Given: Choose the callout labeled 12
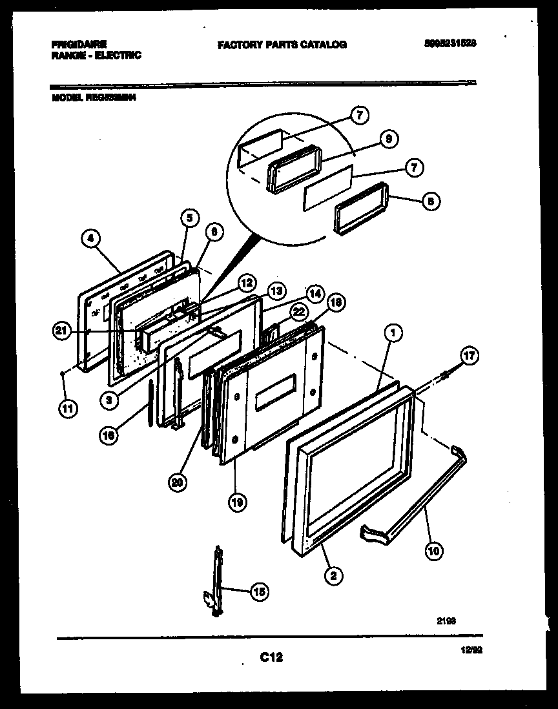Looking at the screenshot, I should [x=245, y=282].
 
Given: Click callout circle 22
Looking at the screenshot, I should [x=297, y=311].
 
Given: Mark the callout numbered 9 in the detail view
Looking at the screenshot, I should [x=389, y=139].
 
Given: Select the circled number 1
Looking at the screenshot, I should [x=392, y=333].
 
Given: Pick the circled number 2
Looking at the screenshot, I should [x=333, y=577].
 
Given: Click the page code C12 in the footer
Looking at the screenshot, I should [x=272, y=658].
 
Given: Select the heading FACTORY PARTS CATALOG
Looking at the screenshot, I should [x=282, y=45].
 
